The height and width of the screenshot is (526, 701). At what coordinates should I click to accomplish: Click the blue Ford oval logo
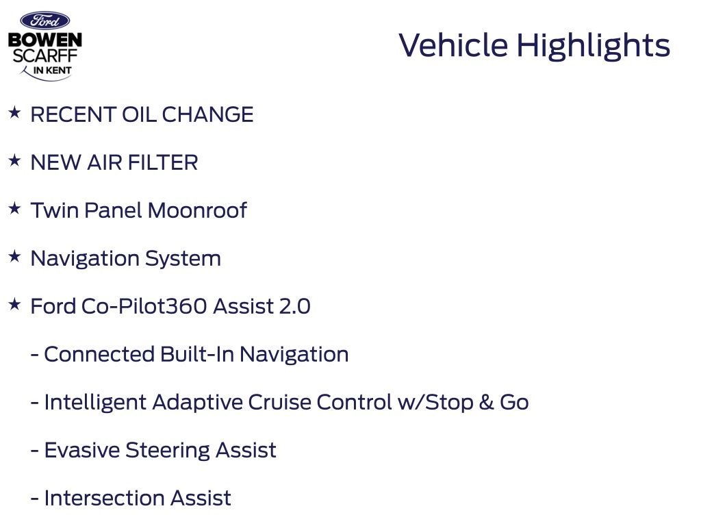click(44, 21)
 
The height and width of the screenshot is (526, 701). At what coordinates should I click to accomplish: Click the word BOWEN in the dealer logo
click(44, 40)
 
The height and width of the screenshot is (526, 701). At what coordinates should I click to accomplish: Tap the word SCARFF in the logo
click(44, 56)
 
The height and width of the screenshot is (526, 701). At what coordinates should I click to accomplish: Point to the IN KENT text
click(52, 71)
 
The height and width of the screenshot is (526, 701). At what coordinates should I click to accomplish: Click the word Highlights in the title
click(594, 46)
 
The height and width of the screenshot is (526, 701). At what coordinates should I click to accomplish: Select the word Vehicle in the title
click(453, 45)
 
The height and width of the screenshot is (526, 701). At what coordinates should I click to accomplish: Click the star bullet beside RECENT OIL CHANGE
click(15, 112)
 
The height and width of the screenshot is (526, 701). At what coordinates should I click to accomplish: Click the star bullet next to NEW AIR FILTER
click(15, 160)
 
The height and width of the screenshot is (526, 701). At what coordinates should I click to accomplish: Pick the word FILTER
click(163, 162)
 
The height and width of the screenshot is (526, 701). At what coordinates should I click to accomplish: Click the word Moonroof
click(197, 210)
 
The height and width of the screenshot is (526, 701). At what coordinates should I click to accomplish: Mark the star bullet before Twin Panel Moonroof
click(15, 208)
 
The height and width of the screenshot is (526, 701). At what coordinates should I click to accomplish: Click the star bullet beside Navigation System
click(15, 256)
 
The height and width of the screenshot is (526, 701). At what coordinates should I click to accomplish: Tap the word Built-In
click(197, 354)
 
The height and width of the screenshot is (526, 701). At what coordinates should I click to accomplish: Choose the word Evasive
click(82, 450)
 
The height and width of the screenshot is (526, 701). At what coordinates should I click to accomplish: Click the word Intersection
click(104, 498)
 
